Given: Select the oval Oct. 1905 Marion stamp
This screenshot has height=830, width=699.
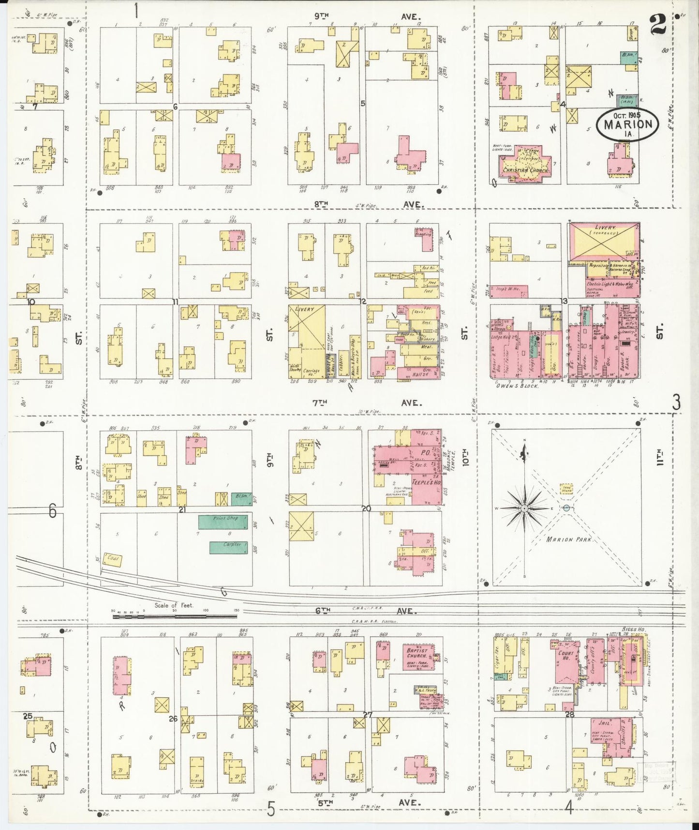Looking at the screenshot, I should (x=627, y=124).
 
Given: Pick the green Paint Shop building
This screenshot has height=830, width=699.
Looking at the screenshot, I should (x=225, y=522).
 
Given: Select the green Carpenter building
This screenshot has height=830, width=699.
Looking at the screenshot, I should (x=228, y=547).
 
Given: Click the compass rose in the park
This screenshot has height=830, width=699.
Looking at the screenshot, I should (x=524, y=508).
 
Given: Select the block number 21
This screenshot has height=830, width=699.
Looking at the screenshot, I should (x=182, y=509).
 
